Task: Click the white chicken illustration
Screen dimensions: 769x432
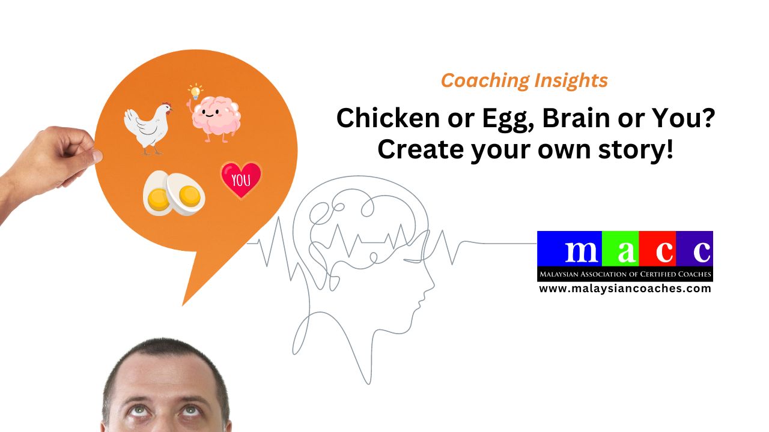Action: pos(148,128)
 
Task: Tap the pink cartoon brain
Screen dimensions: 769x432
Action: pos(216,118)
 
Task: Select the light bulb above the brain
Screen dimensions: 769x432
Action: pos(195,92)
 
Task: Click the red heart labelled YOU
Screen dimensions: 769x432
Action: pos(241,179)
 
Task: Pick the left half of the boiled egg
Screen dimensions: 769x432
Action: pos(157,194)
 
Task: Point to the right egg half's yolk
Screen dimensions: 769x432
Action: pos(189,196)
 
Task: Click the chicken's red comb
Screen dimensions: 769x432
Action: pos(167,104)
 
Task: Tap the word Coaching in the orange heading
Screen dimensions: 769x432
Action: pos(485,81)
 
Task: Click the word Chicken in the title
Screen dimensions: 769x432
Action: pos(389,118)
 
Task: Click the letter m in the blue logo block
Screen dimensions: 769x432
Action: pos(581,251)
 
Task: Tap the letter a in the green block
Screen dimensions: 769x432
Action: pos(627,252)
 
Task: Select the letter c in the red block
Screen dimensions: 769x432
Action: pos(664,252)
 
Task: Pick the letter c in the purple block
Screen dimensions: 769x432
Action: pos(701,252)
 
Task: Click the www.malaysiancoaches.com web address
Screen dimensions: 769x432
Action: pos(625,289)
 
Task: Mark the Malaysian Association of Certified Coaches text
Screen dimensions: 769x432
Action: pos(625,274)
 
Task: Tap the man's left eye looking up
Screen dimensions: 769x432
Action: pos(189,410)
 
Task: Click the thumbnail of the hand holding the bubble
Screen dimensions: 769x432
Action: pos(97,157)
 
